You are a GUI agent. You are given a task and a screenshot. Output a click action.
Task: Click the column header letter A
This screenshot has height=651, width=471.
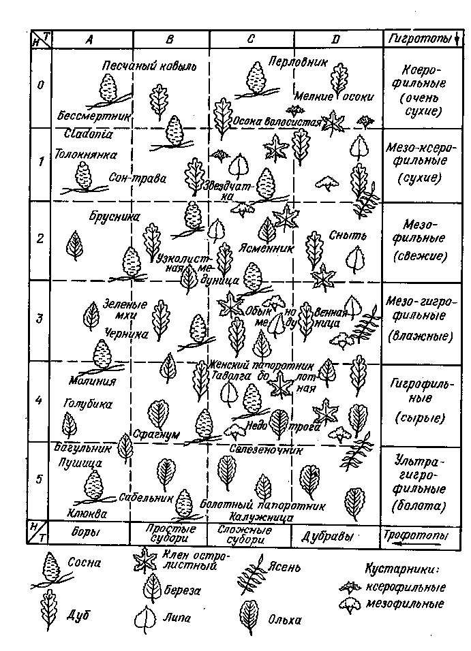pyautogui.click(x=89, y=39)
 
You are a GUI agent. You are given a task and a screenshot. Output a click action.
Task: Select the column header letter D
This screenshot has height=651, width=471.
pyautogui.click(x=335, y=39)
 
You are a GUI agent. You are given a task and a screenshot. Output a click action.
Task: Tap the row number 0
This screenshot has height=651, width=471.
pyautogui.click(x=40, y=86)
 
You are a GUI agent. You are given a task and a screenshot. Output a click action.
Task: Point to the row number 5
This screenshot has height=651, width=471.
pyautogui.click(x=40, y=479)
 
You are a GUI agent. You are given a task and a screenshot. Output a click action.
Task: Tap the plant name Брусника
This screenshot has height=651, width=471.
pyautogui.click(x=114, y=217)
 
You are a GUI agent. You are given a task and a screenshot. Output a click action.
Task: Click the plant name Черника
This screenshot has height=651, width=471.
pyautogui.click(x=127, y=333)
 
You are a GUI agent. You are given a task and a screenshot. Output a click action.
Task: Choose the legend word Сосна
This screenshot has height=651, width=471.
pyautogui.click(x=85, y=563)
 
